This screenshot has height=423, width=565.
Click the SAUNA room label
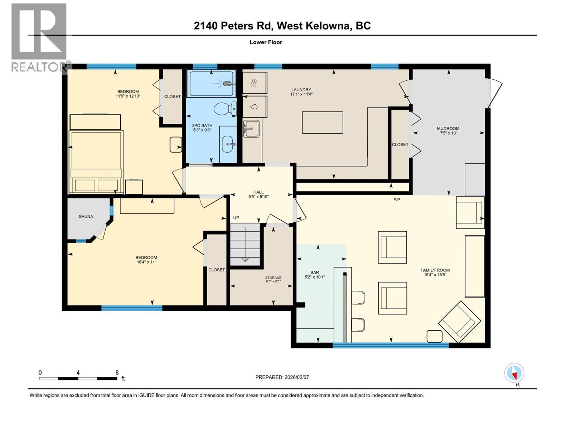coord(86,216)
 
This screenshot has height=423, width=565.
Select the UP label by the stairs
coord(236,218)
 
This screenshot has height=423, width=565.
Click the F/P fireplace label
coord(397,200)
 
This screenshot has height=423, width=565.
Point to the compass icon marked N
coord(514,373)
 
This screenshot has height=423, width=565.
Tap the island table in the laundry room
coord(322,122)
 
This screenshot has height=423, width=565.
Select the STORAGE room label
coord(273,277)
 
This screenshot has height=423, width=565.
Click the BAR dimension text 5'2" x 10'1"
coord(315,277)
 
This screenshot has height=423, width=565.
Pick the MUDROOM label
coord(448,128)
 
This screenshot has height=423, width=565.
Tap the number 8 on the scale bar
coord(117,373)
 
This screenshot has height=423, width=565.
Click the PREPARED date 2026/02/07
coord(296,377)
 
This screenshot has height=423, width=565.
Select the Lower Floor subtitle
coord(266,42)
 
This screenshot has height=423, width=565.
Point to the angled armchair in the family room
coord(459,321)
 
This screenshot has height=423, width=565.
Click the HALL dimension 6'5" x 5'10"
coord(258,197)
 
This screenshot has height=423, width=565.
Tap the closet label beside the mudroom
coord(400,145)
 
